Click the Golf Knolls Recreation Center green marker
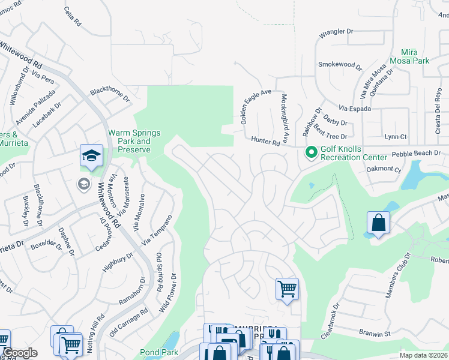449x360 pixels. point(311,153)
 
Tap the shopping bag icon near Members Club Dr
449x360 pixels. point(379,223)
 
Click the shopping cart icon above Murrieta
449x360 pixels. point(287,289)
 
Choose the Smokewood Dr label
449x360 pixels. point(340,64)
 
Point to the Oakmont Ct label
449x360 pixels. point(384,170)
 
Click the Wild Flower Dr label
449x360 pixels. point(173,292)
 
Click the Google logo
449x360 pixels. point(20,353)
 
